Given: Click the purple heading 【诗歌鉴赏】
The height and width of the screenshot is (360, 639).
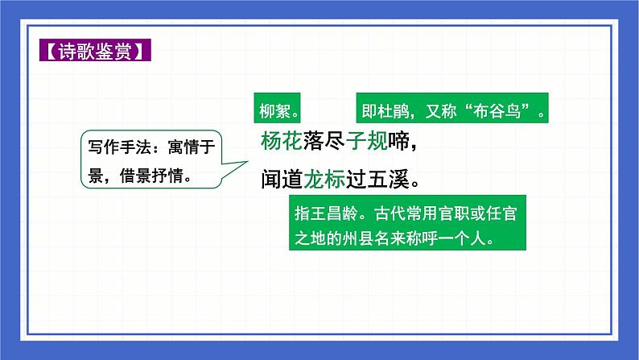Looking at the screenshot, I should (x=94, y=54).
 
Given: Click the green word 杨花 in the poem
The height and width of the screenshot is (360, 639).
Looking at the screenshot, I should (x=281, y=142).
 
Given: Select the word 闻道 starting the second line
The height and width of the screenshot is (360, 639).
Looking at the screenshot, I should (x=281, y=177).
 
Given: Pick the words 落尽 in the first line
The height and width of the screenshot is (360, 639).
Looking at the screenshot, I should (x=324, y=142).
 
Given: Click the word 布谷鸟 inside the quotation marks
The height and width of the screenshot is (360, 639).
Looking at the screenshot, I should (x=505, y=108).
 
